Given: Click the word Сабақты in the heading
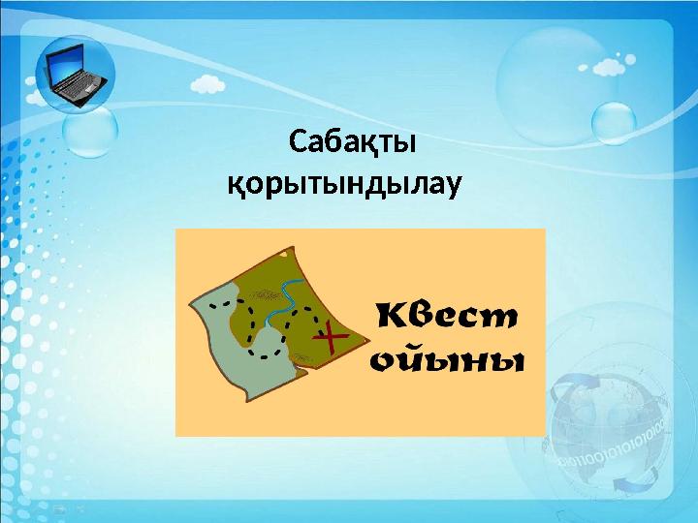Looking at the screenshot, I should tap(353, 143).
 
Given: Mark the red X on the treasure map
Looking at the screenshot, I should tap(331, 337).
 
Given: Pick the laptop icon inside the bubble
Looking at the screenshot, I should tap(75, 75).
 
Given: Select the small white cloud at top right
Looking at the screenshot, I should tap(606, 68).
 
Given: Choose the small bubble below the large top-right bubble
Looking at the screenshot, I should tap(613, 123).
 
